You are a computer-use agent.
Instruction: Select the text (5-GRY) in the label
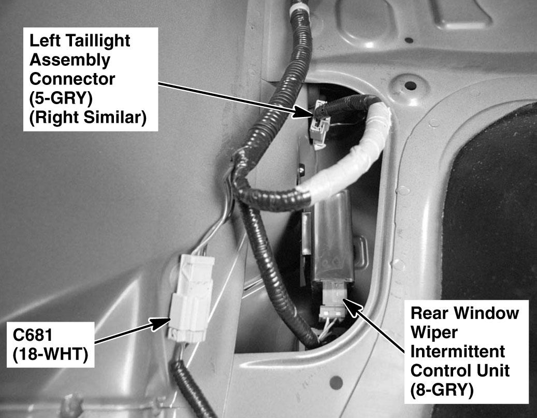coord(61,99)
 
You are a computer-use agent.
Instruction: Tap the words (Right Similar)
coord(88,118)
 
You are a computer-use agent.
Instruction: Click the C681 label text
coord(33,335)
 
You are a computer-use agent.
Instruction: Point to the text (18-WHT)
coord(50,354)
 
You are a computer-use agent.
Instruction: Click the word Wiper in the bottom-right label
coord(434,333)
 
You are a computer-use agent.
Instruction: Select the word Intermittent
coord(458,352)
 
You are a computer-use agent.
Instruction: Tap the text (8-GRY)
coord(442,390)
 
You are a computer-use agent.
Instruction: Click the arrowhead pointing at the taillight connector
coord(301,112)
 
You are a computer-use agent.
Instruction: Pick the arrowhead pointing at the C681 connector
coord(161,323)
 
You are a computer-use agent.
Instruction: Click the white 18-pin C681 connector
coord(191,298)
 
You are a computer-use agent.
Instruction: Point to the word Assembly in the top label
coord(70,60)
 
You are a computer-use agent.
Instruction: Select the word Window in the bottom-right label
coord(488,313)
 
